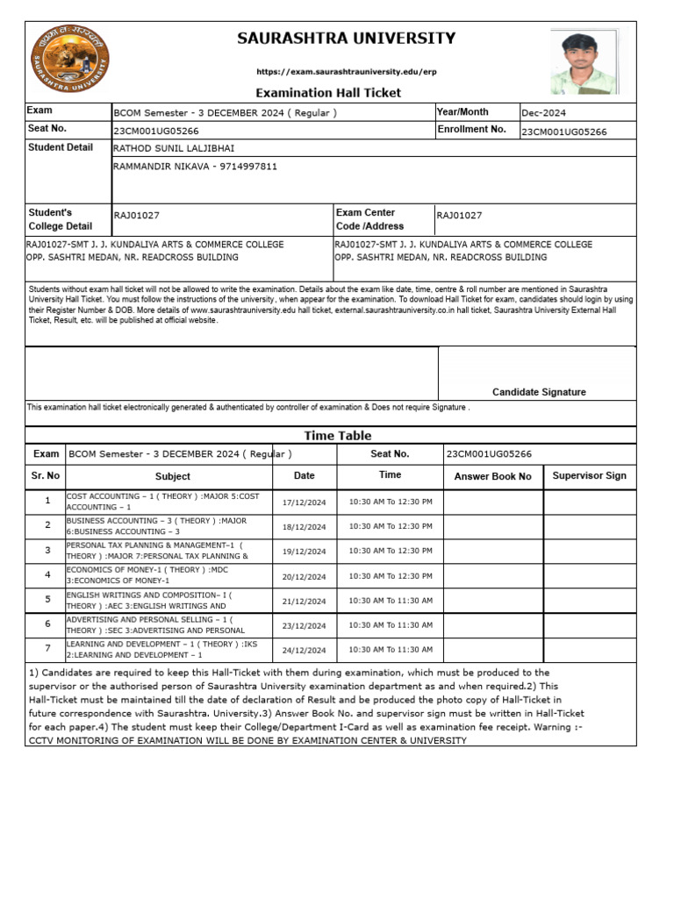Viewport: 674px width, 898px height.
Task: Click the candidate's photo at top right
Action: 584,61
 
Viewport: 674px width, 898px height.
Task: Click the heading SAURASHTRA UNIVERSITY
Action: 346,39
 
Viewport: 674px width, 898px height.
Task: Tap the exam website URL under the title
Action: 346,71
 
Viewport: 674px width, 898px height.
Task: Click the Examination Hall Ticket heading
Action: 328,93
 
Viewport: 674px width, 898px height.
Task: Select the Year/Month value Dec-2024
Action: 544,113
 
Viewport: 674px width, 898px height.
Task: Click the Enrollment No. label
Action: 472,130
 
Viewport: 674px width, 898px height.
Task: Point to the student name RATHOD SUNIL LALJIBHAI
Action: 175,148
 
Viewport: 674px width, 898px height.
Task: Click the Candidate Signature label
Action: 539,392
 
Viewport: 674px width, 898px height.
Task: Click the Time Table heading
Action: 338,436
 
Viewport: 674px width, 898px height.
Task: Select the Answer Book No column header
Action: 492,476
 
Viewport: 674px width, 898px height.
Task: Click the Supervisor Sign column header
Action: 589,475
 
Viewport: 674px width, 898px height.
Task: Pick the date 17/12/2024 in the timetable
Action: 304,502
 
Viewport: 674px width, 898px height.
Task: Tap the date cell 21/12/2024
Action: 304,602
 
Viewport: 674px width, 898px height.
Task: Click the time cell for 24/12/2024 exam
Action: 391,650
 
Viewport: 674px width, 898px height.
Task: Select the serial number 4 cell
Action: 47,575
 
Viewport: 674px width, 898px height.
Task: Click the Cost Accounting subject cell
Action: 167,502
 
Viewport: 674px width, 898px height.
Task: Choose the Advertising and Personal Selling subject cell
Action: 167,625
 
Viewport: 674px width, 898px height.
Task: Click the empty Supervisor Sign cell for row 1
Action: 590,502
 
